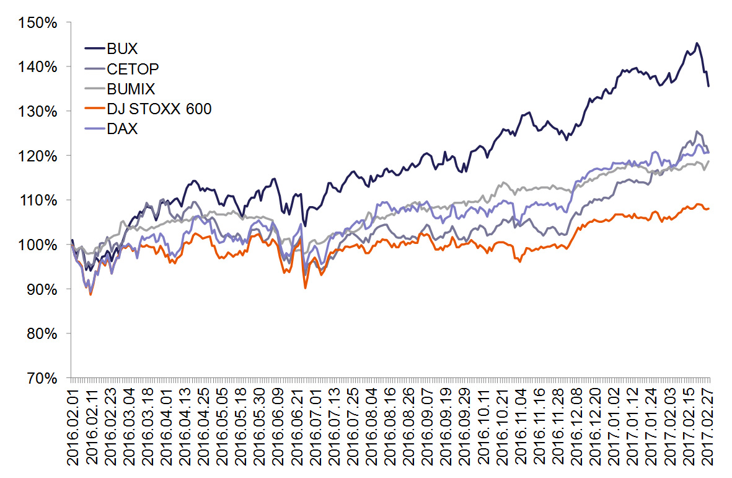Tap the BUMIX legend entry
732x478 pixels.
point(131,89)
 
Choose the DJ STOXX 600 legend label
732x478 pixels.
point(159,109)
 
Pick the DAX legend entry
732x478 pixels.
point(123,129)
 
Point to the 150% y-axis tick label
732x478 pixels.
point(38,22)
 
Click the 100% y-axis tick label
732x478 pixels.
point(38,245)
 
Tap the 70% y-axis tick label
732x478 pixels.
point(42,378)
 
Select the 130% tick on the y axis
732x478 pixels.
point(38,111)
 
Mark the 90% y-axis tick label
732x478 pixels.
point(42,289)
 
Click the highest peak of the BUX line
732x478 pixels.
point(697,43)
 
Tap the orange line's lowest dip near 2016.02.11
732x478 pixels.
point(90,294)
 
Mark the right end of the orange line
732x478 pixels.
point(708,208)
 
